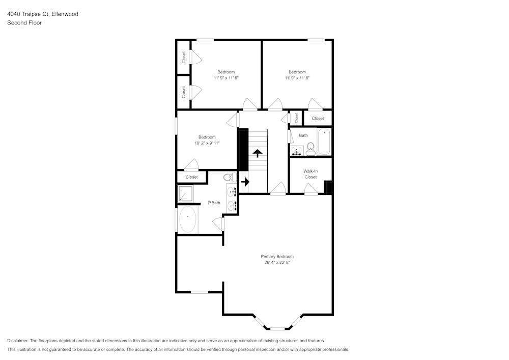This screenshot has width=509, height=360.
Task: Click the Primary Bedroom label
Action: pos(277,257)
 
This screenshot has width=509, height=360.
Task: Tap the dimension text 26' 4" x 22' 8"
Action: pos(277,263)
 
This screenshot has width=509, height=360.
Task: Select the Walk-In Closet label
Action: pos(310,174)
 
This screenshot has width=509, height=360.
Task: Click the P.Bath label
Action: pos(214,203)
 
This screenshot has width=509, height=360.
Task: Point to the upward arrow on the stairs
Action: pos(258,153)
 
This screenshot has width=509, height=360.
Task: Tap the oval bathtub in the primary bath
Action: pos(188,219)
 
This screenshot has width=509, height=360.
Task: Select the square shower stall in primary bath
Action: pos(185,193)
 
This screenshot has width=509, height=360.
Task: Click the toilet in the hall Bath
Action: pos(311,148)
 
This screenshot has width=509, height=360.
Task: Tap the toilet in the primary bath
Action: pos(230,178)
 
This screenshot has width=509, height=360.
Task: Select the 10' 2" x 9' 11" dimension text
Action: pos(207,143)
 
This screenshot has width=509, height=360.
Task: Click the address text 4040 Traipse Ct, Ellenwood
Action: pos(43,14)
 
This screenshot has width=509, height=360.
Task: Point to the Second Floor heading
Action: pos(24,23)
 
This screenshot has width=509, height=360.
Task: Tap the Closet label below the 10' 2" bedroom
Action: pos(191,177)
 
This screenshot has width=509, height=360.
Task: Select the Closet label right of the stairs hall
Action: pos(318,118)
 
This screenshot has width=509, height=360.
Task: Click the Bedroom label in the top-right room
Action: pos(297,72)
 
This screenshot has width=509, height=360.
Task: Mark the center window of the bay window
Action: pos(277,328)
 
